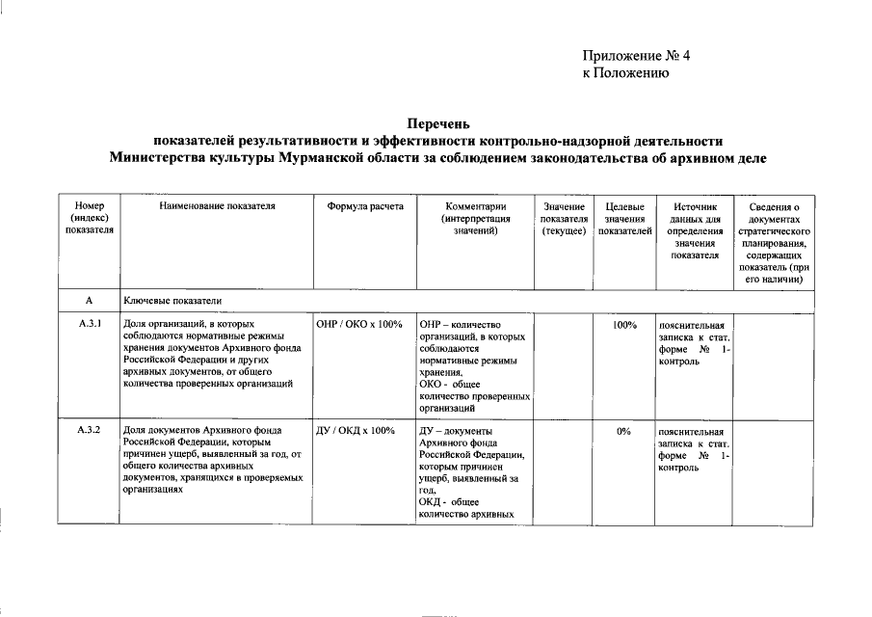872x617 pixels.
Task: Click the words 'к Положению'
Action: click(626, 73)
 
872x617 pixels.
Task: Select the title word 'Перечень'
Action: click(438, 123)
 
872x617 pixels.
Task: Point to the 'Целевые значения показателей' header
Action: click(624, 219)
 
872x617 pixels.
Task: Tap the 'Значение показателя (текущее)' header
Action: click(564, 219)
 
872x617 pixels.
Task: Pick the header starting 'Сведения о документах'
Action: click(775, 242)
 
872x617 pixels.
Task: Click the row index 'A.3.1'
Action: click(90, 324)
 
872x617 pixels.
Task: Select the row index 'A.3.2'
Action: click(90, 430)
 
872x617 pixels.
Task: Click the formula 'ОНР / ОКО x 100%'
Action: click(358, 324)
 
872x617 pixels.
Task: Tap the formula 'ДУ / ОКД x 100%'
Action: click(356, 430)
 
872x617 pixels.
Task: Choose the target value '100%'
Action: click(624, 325)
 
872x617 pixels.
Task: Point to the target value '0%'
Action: click(624, 431)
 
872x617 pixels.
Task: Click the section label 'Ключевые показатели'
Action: click(172, 301)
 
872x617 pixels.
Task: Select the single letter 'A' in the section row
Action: click(89, 301)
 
